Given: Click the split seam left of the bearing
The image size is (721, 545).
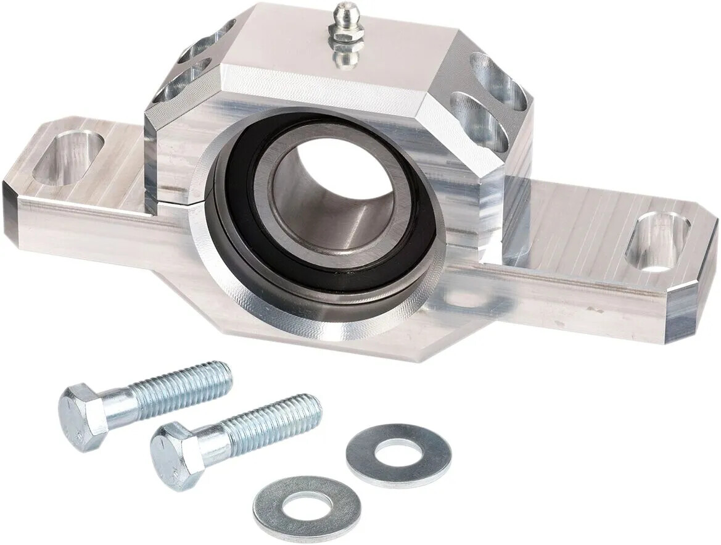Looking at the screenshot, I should (176, 199).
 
